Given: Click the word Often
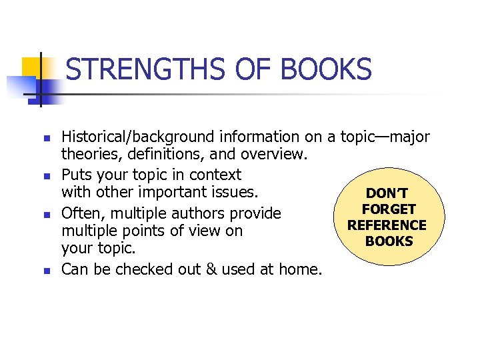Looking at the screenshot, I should (78, 213).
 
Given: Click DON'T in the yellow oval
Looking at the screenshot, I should (389, 194).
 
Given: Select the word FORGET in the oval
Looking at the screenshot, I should (389, 209).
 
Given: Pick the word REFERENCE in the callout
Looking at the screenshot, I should (387, 225).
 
